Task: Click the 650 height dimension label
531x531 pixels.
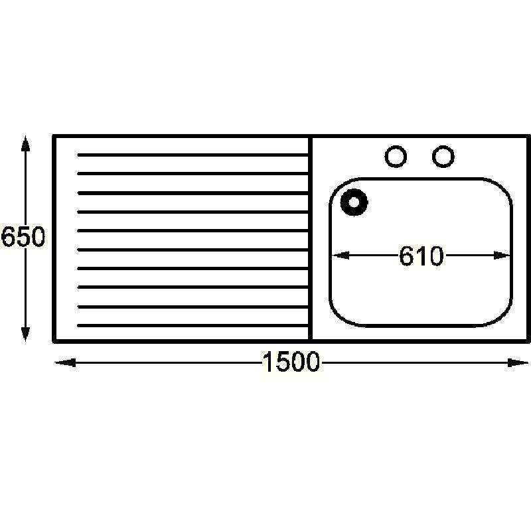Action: click(23, 236)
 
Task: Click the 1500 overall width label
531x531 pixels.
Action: click(291, 362)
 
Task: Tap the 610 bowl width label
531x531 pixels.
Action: click(421, 256)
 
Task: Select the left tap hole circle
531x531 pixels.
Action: click(396, 157)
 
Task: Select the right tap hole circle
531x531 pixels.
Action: click(443, 157)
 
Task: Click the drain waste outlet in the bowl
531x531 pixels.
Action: click(354, 202)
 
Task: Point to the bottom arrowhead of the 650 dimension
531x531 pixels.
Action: click(25, 334)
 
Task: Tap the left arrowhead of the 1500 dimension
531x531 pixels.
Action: click(65, 362)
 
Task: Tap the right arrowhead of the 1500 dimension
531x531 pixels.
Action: click(518, 362)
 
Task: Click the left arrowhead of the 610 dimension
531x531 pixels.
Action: click(340, 255)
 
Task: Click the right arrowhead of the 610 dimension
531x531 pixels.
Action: click(502, 255)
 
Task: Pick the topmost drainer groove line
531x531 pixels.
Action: click(192, 155)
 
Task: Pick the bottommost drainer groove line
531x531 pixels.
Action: click(192, 325)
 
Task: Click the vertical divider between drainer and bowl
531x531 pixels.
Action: click(310, 239)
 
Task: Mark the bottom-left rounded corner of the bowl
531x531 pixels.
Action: click(342, 314)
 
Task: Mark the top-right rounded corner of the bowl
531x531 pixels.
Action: click(500, 190)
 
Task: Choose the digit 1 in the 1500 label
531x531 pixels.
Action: click(268, 362)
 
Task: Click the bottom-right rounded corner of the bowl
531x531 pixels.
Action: click(500, 314)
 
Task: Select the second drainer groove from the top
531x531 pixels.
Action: click(192, 173)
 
